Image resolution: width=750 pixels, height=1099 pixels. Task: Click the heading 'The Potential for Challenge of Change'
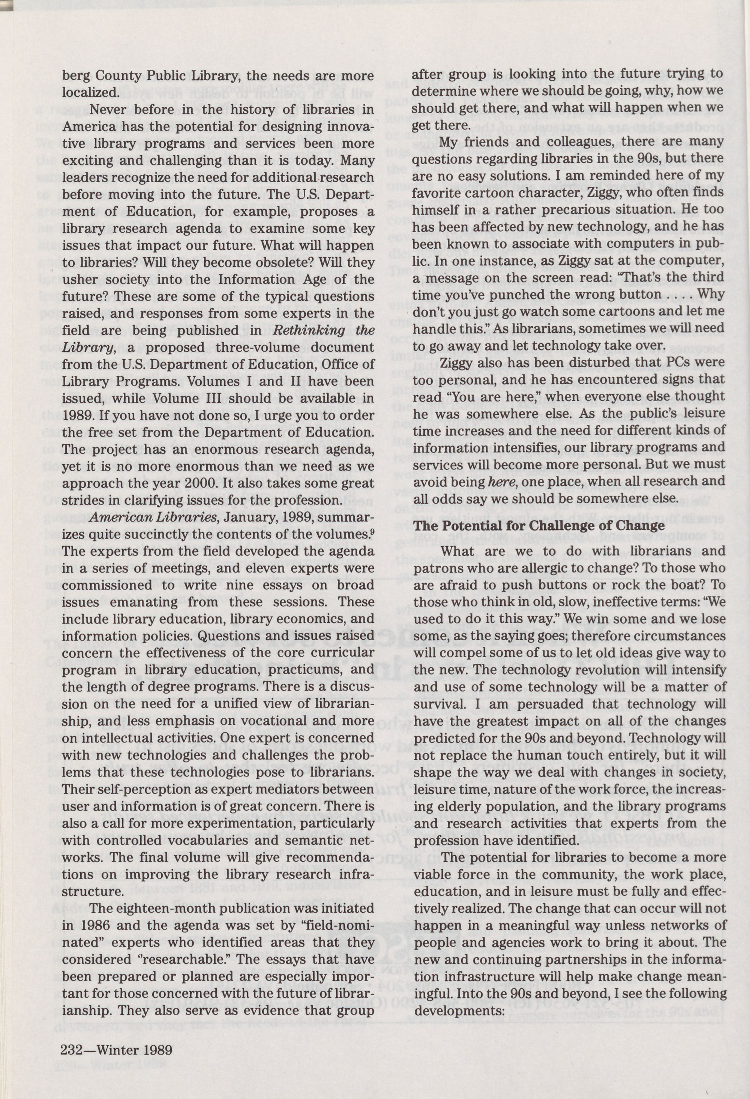(539, 525)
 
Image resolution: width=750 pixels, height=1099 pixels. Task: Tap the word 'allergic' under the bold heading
(558, 568)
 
